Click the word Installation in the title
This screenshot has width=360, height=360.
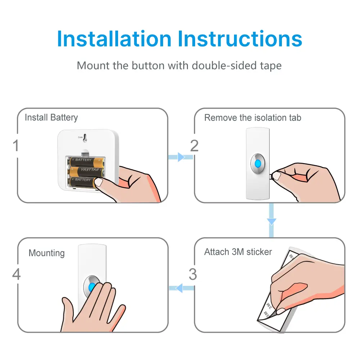[114, 39]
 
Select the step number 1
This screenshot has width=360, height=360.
[15, 146]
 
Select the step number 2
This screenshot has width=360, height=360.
[194, 146]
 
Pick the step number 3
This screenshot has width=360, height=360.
[193, 274]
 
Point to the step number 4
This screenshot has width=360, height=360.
[16, 274]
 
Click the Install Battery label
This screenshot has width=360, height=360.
[51, 118]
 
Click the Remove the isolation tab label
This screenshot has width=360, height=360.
[252, 118]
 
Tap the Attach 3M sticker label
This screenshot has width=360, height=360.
[238, 252]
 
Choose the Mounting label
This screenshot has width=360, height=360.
[46, 253]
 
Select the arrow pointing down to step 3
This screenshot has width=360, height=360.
[271, 220]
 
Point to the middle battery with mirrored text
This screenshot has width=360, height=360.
[86, 170]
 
